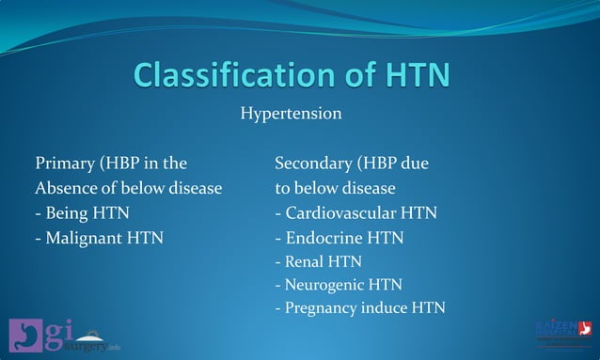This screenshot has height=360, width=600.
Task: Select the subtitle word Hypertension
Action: click(x=291, y=115)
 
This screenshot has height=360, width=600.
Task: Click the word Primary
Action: click(x=64, y=164)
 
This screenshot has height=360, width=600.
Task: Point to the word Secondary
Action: click(x=314, y=164)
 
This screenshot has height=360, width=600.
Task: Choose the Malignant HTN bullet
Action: click(x=99, y=237)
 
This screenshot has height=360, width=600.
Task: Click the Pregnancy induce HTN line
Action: click(x=359, y=307)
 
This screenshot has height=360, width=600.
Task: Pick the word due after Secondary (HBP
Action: click(x=415, y=164)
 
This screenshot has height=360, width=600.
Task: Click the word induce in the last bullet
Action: click(x=387, y=307)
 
